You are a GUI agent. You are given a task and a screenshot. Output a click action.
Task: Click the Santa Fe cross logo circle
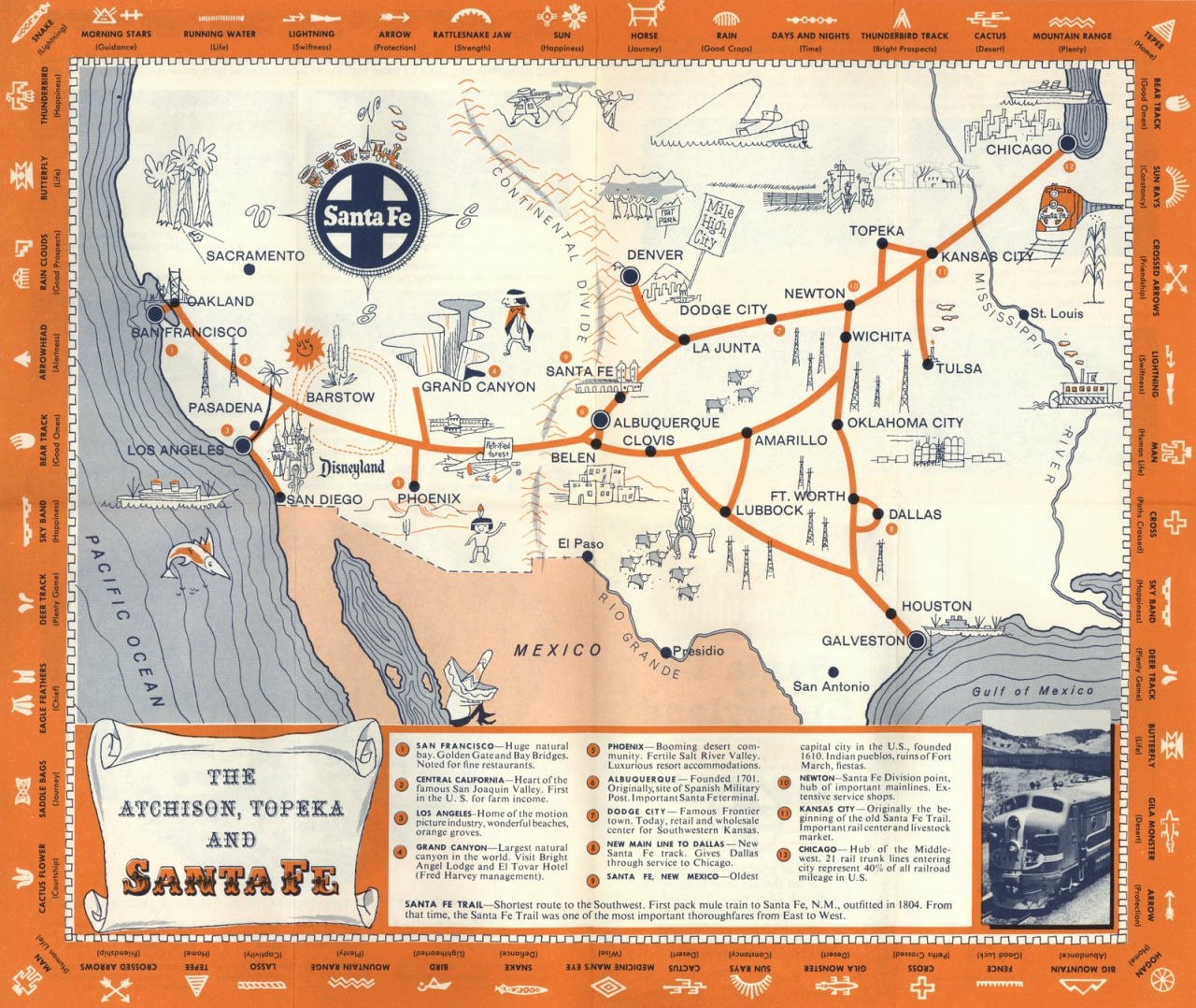[366, 217]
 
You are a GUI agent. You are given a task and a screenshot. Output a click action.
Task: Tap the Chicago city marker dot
[1066, 144]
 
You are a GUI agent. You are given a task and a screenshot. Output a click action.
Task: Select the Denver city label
[654, 254]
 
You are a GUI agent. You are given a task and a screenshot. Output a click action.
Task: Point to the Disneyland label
[352, 467]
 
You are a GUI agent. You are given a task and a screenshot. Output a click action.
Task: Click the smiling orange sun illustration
[303, 348]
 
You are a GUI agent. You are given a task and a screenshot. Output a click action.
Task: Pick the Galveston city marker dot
[916, 640]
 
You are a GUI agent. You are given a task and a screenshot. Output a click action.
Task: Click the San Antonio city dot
[833, 671]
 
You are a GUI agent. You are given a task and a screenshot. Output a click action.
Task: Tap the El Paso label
[580, 543]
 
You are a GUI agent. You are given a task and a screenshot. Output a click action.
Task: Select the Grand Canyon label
[478, 386]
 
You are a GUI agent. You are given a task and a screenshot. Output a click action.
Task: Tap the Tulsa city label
[959, 367]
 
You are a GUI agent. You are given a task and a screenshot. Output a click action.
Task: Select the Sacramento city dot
[249, 269]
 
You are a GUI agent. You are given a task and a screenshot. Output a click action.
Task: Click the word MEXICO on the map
[558, 650]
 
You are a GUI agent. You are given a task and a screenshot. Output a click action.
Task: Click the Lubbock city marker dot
[725, 511]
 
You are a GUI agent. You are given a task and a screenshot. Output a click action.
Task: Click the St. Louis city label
[1056, 313]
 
